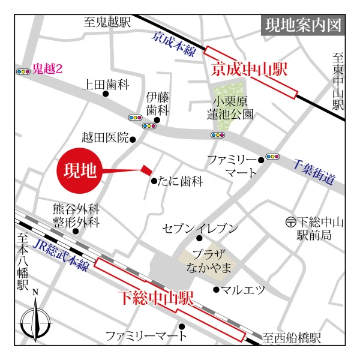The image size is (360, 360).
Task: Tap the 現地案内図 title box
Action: [x=304, y=26]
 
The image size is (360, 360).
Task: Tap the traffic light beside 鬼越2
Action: [x=24, y=71]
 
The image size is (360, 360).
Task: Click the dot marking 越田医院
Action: [x=133, y=140]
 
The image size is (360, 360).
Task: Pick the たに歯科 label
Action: [x=181, y=181]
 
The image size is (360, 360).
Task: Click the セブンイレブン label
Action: [x=200, y=228]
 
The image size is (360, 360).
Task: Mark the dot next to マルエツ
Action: [x=216, y=290]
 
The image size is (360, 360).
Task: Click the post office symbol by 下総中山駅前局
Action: [x=290, y=222]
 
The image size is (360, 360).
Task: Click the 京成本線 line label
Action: [x=175, y=44]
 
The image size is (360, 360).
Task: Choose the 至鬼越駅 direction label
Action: [x=107, y=23]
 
